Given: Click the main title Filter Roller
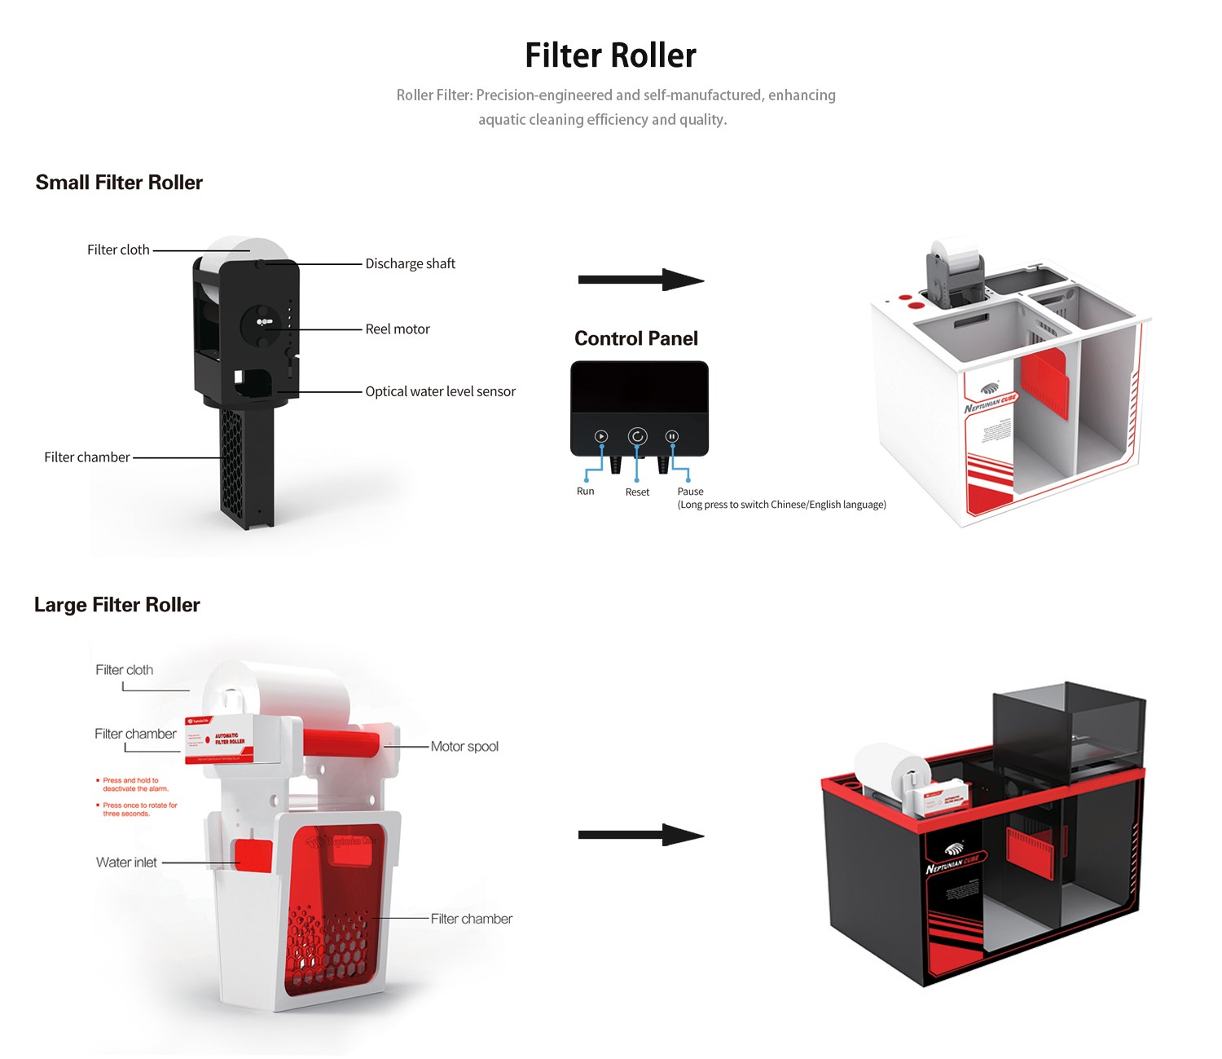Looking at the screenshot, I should coord(610,55).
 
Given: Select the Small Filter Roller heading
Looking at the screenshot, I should coord(119,183).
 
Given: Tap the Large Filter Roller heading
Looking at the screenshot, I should coord(117,605).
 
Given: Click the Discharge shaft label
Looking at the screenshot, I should coord(410,263).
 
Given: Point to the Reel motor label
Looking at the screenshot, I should coord(397,329).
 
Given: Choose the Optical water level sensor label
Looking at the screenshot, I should coord(440,391).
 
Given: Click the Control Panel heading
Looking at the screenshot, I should coord(636,338).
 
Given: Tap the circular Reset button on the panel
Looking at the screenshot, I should coord(637,436).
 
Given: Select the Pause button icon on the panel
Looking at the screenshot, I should coord(672,436).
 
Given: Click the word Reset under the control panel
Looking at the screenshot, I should coord(637,492).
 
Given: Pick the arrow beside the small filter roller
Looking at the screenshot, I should coord(640,280).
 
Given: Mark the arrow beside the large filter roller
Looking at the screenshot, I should coord(640,835).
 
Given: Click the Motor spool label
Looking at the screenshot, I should coord(464,747).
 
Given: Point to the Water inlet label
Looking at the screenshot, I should coord(126,863).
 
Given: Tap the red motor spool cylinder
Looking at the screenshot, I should coord(341,742).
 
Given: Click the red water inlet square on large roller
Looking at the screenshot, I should coord(253,854).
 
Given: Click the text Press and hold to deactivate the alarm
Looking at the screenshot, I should coord(134,784).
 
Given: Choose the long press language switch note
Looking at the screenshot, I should coord(781,505).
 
